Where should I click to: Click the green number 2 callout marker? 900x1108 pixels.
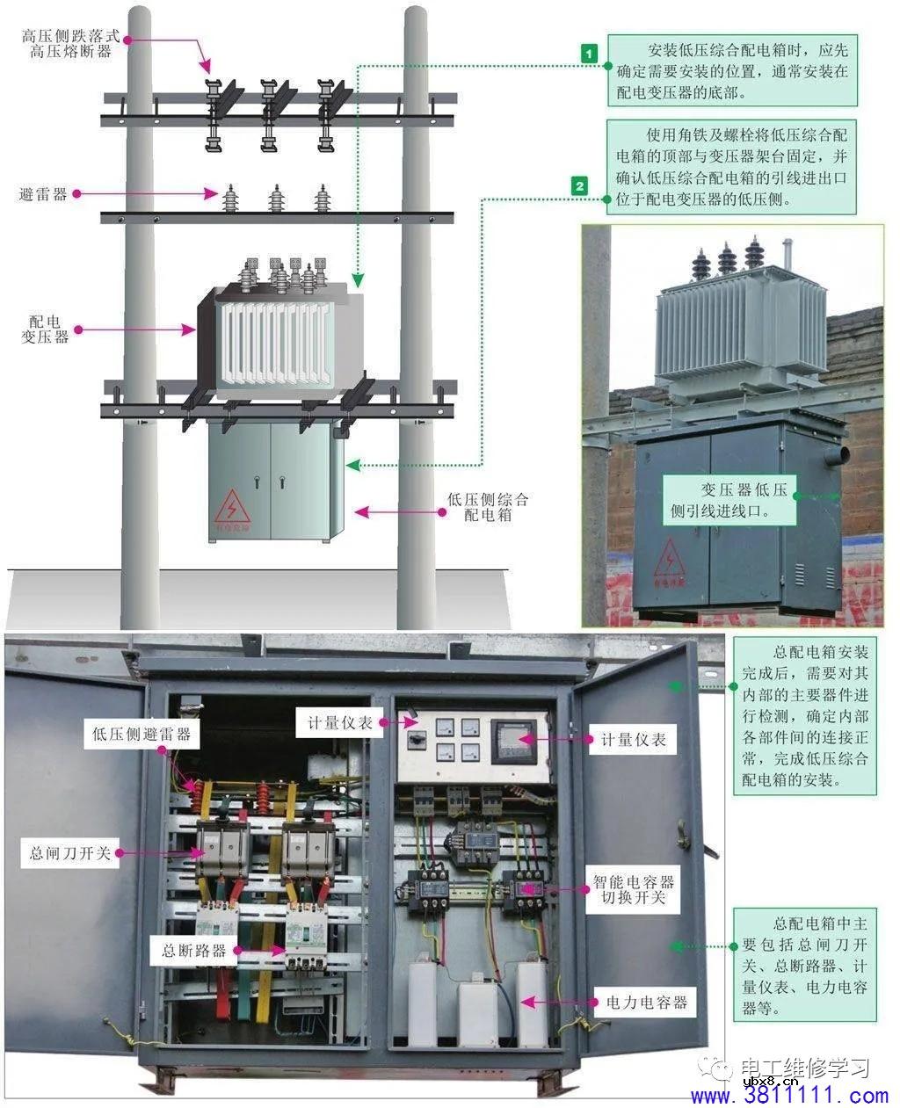579,185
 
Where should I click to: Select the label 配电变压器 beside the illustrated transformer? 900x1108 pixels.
45,330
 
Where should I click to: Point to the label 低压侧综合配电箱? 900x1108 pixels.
488,507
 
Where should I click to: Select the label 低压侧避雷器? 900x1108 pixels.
142,733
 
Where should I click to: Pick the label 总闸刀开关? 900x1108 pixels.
70,852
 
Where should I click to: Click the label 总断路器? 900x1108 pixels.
194,950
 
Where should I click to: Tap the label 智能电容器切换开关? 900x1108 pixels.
633,889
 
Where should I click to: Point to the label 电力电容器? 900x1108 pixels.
646,1002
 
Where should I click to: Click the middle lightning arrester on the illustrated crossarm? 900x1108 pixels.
277,199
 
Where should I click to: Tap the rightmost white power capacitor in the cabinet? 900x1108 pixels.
531,1002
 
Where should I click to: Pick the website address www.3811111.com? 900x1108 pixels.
789,1096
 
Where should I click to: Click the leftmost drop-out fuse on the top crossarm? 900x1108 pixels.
213,114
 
